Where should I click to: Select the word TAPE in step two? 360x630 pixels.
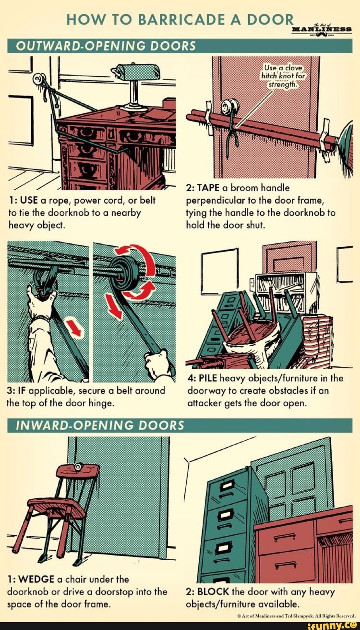208,188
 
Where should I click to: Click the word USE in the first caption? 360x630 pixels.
28,201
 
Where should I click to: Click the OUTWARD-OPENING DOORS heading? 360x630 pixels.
105,46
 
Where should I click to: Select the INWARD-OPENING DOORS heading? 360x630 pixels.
100,425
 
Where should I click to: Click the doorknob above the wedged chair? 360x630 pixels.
78,467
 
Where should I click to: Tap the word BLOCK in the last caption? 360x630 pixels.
213,592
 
